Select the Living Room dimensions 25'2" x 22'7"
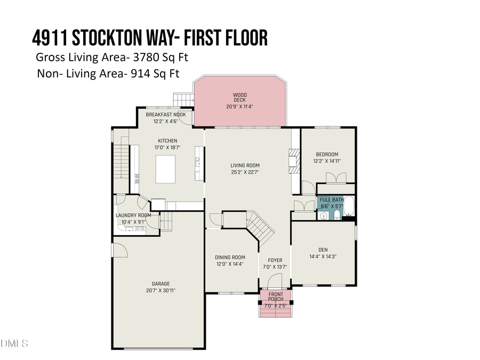point(245,172)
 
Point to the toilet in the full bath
point(337,215)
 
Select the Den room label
point(323,249)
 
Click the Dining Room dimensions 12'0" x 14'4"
point(230,264)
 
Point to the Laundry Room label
point(133,215)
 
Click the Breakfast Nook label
point(166,115)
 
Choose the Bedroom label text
point(326,155)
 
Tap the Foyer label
point(275,260)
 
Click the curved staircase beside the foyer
point(260,225)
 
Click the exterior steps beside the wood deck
point(183,100)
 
